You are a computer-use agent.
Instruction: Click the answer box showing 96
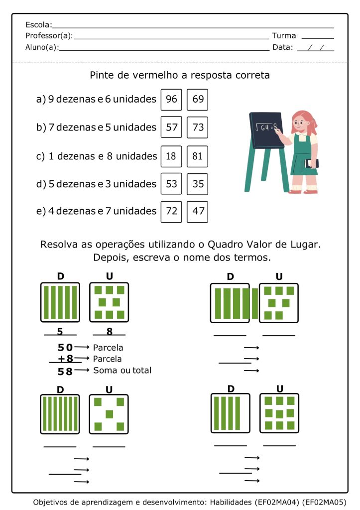171,99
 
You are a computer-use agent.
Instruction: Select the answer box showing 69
198,99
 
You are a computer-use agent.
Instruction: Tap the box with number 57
171,127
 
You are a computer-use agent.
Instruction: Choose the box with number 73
198,127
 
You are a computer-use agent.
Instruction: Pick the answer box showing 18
171,156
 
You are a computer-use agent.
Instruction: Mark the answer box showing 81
198,156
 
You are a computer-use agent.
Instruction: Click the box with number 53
171,184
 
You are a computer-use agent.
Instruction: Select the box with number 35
198,184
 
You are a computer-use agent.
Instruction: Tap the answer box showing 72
171,211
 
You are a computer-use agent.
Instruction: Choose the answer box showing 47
198,211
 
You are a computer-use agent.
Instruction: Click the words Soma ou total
122,371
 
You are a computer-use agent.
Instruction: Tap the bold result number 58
65,371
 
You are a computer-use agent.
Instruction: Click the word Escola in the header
38,25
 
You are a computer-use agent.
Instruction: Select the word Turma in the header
284,36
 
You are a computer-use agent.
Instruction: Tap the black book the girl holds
311,163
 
